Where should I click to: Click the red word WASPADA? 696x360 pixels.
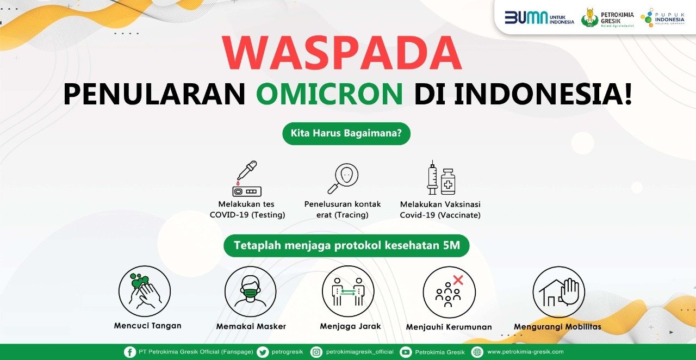tap(342, 53)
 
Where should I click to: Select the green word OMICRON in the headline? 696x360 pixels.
tap(330, 94)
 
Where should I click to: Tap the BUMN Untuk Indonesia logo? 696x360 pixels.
tap(539, 18)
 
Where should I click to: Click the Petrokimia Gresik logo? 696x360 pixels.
tap(607, 18)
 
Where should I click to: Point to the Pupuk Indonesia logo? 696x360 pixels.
tap(663, 18)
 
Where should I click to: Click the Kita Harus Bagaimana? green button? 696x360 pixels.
tap(346, 133)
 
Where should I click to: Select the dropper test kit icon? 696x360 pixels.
tap(247, 178)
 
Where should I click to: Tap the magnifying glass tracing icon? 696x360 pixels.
tap(343, 178)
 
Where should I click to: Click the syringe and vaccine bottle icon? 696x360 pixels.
tap(441, 178)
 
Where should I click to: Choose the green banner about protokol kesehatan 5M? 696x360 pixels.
tap(346, 246)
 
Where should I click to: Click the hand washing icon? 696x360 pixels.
tap(145, 291)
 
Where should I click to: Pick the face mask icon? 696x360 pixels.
tap(251, 291)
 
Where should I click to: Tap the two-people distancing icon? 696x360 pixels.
tap(348, 291)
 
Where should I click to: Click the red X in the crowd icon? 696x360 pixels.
tap(458, 280)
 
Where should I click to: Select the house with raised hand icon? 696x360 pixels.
tap(558, 292)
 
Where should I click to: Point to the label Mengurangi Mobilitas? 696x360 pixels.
tap(557, 327)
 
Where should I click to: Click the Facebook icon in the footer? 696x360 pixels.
tap(129, 352)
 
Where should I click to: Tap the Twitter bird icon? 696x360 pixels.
tap(263, 352)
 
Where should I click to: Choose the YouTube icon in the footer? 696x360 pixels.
tap(406, 352)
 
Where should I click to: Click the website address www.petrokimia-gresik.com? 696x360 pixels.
tap(525, 352)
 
